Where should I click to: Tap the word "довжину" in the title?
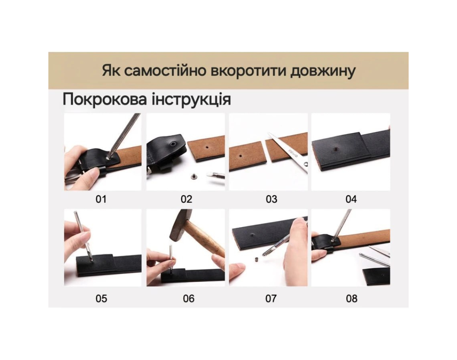pyautogui.click(x=323, y=72)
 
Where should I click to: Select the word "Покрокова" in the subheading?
pyautogui.click(x=104, y=99)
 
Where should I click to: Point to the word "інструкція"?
pyautogui.click(x=191, y=100)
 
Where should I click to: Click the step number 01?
pyautogui.click(x=101, y=199)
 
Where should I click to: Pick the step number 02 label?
pyautogui.click(x=186, y=199)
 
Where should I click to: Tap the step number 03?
pyautogui.click(x=272, y=199)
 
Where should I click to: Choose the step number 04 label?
pyautogui.click(x=351, y=199)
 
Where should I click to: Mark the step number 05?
pyautogui.click(x=101, y=299)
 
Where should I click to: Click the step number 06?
pyautogui.click(x=189, y=299)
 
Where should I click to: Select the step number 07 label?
pyautogui.click(x=271, y=299)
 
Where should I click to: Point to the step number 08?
pyautogui.click(x=352, y=299)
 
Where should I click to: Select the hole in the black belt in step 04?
pyautogui.click(x=336, y=149)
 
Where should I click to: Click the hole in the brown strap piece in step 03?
pyautogui.click(x=240, y=156)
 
